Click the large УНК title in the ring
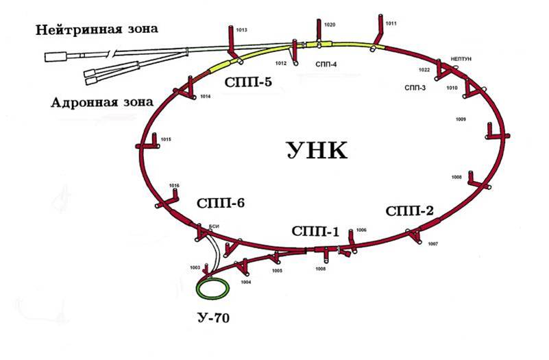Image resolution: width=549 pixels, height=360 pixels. point(317,149)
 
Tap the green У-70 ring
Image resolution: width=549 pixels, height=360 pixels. point(212,288)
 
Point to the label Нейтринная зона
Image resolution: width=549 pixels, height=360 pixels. point(97,29)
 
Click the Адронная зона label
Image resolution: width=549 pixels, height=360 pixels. point(101,104)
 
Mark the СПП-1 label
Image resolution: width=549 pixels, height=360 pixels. point(315,231)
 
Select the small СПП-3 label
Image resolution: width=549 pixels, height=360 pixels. point(415,88)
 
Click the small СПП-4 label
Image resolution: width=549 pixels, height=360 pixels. point(326,64)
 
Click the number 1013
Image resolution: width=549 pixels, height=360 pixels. point(241,30)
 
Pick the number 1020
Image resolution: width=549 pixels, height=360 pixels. point(330,25)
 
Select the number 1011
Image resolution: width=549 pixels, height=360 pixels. point(391,23)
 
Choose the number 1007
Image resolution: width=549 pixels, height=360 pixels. point(432,244)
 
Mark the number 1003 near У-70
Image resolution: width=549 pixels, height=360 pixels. point(195,267)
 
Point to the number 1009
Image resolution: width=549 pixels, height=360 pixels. point(461,120)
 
